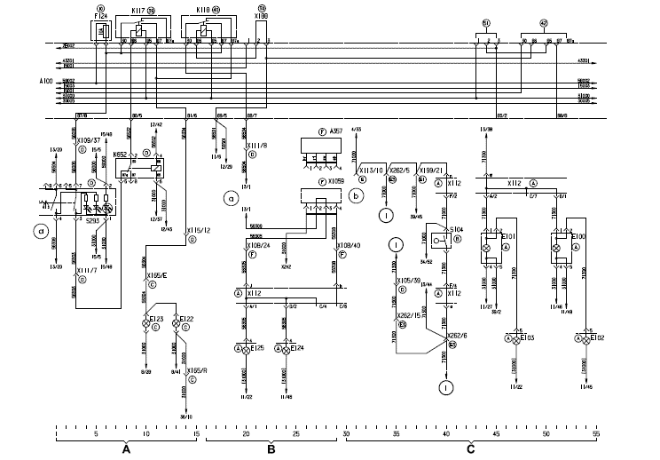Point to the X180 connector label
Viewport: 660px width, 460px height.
coord(261,16)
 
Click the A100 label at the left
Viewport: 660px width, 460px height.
coord(39,81)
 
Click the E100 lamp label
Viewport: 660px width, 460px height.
coord(580,237)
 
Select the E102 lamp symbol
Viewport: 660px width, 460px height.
coord(582,339)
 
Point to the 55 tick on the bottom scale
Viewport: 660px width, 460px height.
coord(596,435)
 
